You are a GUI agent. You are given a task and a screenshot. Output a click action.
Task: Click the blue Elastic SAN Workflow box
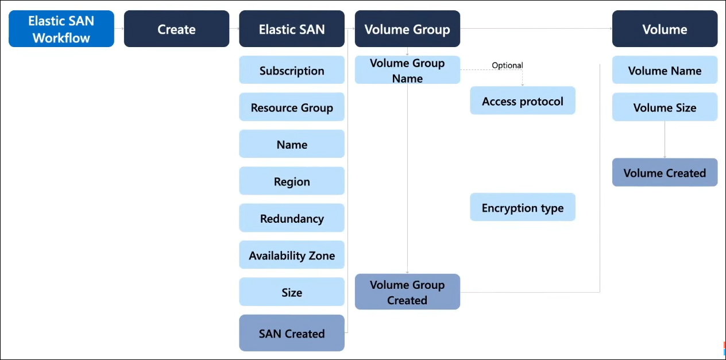click(61, 29)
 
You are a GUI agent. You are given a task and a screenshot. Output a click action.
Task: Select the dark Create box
click(177, 29)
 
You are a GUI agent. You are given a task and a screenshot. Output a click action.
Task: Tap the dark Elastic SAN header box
click(292, 29)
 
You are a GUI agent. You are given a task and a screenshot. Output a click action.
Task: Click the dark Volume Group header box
click(407, 29)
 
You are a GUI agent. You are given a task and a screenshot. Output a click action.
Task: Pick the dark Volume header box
click(665, 29)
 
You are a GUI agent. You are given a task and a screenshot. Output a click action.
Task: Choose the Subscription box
click(292, 70)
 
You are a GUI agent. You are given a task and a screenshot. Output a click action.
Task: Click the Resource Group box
click(292, 107)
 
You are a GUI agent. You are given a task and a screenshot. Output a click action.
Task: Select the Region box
click(292, 181)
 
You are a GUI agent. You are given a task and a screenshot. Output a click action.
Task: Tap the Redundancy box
click(292, 218)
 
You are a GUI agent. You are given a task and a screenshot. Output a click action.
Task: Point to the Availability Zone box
click(292, 255)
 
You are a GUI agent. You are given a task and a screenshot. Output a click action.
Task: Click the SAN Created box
click(292, 333)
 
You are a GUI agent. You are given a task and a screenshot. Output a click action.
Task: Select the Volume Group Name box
click(407, 70)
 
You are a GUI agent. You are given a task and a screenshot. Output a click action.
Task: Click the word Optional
click(507, 65)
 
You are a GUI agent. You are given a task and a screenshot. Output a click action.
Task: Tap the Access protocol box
click(523, 100)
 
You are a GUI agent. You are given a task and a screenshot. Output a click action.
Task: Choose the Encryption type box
click(523, 207)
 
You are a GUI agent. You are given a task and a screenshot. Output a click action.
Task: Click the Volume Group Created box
click(407, 292)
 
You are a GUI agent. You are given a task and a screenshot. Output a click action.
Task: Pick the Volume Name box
click(665, 70)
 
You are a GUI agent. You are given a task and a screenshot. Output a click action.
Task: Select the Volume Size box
click(665, 107)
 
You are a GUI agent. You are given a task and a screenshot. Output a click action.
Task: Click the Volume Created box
click(665, 172)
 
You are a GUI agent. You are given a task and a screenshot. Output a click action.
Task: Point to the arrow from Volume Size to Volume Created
click(665, 140)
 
